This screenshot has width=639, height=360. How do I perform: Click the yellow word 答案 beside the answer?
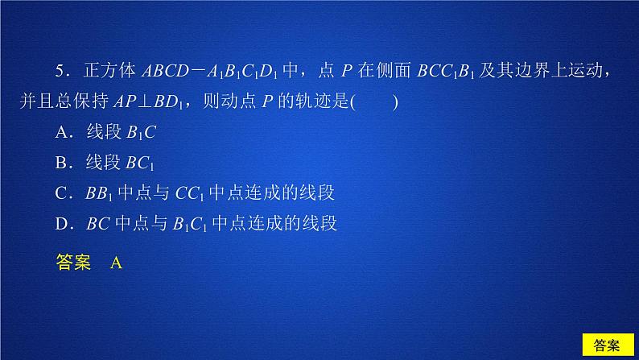[x=74, y=262]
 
